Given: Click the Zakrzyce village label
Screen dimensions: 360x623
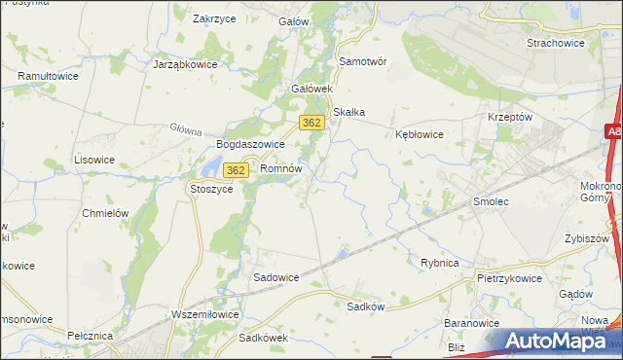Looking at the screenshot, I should pyautogui.click(x=216, y=18).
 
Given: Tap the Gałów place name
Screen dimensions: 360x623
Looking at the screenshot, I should pyautogui.click(x=293, y=21).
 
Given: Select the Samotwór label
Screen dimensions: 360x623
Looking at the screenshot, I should pyautogui.click(x=362, y=60).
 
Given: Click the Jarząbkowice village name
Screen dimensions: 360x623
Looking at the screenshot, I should pyautogui.click(x=185, y=64).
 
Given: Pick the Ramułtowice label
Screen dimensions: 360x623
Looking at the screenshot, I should pyautogui.click(x=49, y=75).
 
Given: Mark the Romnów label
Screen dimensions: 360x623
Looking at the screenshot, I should pyautogui.click(x=282, y=168).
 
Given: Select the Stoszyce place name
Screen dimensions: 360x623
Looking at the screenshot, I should pyautogui.click(x=211, y=189).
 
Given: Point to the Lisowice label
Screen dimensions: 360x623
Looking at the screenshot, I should pyautogui.click(x=94, y=159).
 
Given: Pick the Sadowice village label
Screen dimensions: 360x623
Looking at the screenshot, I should pyautogui.click(x=276, y=276).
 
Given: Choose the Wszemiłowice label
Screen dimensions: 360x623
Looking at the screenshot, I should pyautogui.click(x=204, y=314).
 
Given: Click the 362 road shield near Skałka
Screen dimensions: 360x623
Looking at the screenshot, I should pyautogui.click(x=311, y=123).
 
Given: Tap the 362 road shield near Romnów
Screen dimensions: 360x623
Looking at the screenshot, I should pyautogui.click(x=235, y=170).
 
